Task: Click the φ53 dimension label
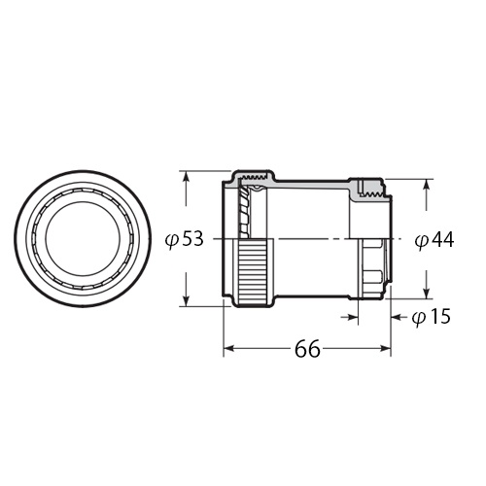pyautogui.click(x=185, y=239)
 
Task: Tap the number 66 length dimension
pyautogui.click(x=307, y=351)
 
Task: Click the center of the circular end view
pyautogui.click(x=87, y=239)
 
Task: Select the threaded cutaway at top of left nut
pyautogui.click(x=255, y=179)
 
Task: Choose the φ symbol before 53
pyautogui.click(x=171, y=240)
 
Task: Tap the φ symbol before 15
pyautogui.click(x=418, y=317)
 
